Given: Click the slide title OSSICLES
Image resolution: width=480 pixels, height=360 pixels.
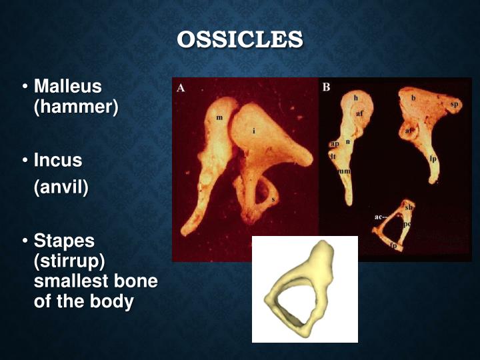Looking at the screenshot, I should tap(240, 39).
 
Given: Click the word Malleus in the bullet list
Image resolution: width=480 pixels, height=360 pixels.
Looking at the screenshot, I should tap(67, 87).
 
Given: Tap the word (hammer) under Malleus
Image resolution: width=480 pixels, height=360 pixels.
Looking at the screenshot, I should tap(75, 107).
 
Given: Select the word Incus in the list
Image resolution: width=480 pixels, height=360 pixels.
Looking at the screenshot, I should tap(58, 161).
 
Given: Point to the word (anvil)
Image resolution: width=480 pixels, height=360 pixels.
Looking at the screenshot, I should tap(61, 187).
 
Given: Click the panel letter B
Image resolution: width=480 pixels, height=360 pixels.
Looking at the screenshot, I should tap(326, 87).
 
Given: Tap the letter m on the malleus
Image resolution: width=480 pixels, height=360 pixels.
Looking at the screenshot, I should tap(219, 117).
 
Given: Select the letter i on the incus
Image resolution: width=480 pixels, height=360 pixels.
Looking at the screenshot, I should tap(253, 131).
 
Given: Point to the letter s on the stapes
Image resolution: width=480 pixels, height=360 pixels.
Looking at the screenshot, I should tap(274, 199).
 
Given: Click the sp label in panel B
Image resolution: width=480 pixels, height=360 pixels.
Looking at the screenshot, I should tap(454, 105).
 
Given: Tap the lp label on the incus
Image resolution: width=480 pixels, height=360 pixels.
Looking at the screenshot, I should tap(433, 159).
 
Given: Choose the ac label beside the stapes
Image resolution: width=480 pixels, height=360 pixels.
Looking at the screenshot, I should tap(378, 217).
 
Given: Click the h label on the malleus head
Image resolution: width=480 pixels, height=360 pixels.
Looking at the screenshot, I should tap(356, 98).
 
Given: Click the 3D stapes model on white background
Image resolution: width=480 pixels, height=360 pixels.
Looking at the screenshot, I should tap(304, 291).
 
